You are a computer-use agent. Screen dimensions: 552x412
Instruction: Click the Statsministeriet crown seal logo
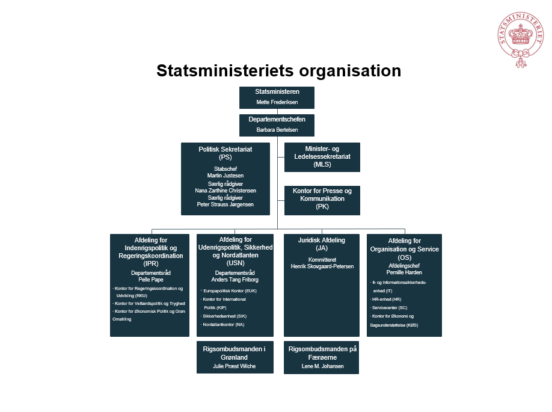(x=520, y=40)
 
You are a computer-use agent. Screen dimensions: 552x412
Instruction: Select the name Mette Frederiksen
(x=277, y=102)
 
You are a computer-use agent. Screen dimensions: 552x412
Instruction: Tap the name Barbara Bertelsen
(x=277, y=130)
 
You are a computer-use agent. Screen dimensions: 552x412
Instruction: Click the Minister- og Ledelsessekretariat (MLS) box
(x=322, y=157)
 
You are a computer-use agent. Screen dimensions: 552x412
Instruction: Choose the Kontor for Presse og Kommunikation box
(x=322, y=200)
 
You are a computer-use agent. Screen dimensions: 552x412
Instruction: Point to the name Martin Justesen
(x=225, y=176)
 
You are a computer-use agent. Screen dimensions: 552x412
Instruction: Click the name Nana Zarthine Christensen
(x=225, y=191)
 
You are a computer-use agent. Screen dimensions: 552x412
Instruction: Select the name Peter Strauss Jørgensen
(x=225, y=204)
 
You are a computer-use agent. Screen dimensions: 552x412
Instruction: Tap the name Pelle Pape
(x=151, y=280)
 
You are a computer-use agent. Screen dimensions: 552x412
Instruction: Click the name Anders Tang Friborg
(x=235, y=280)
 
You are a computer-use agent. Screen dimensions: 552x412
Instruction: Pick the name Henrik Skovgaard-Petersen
(x=322, y=266)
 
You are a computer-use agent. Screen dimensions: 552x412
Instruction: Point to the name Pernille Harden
(x=404, y=272)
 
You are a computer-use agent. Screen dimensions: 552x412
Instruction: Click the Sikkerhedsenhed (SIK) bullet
(x=224, y=316)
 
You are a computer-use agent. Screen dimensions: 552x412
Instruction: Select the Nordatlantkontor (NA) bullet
(x=222, y=325)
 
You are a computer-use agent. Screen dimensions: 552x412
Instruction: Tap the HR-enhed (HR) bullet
(x=386, y=300)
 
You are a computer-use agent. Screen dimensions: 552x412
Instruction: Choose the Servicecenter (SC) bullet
(x=388, y=308)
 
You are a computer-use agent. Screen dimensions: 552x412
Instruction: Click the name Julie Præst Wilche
(x=234, y=366)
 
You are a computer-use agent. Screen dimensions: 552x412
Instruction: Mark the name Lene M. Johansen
(x=322, y=366)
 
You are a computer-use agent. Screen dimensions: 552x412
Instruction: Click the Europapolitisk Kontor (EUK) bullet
(x=229, y=291)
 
